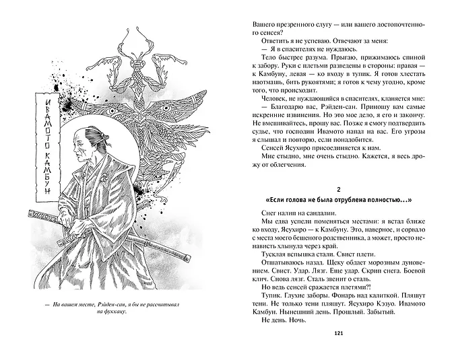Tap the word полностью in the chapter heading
[x=386, y=200]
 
